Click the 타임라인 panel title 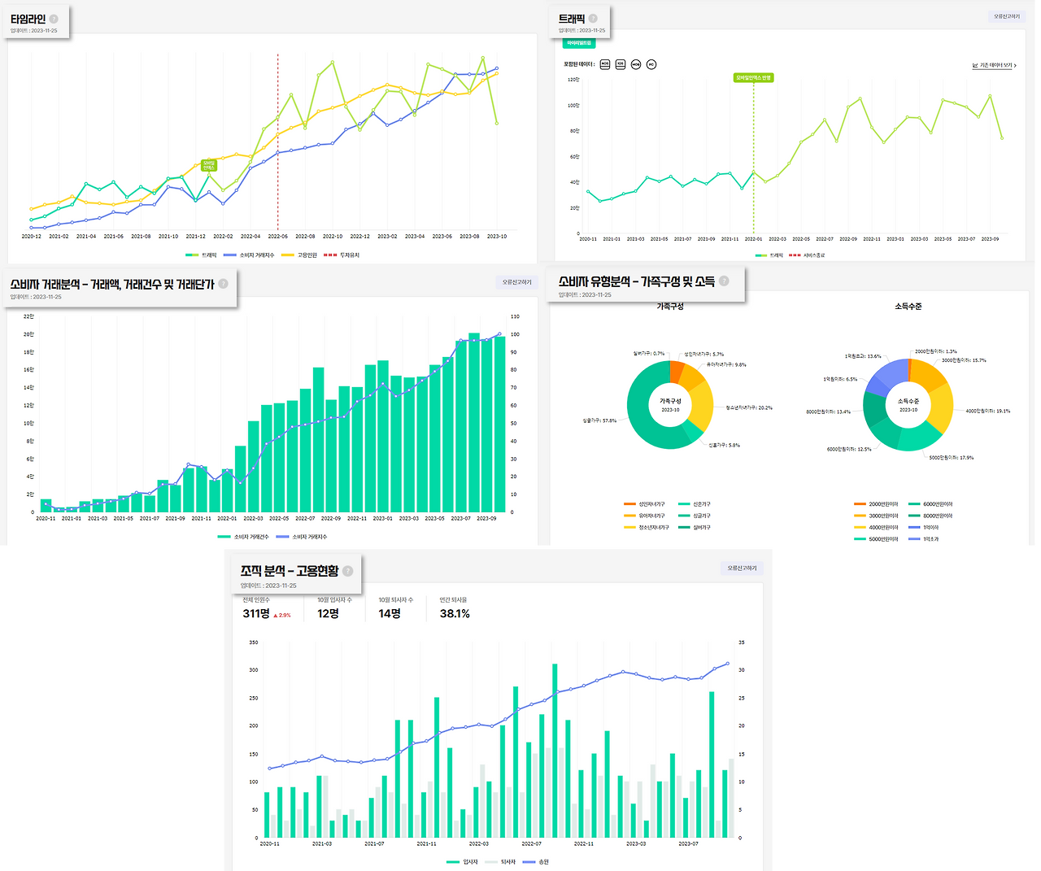(28, 19)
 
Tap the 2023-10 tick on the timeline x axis (496, 237)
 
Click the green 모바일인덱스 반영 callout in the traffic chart (753, 78)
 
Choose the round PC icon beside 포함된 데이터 (651, 64)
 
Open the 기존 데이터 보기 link (995, 65)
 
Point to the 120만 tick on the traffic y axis (573, 80)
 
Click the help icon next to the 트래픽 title (593, 19)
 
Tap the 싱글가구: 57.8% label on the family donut (599, 420)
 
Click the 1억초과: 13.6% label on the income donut (862, 356)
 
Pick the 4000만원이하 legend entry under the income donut (882, 527)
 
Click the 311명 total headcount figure (256, 614)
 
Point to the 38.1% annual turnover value (455, 614)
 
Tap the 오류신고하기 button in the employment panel (742, 568)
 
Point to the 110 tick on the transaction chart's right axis (515, 316)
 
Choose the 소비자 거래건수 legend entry (250, 537)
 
